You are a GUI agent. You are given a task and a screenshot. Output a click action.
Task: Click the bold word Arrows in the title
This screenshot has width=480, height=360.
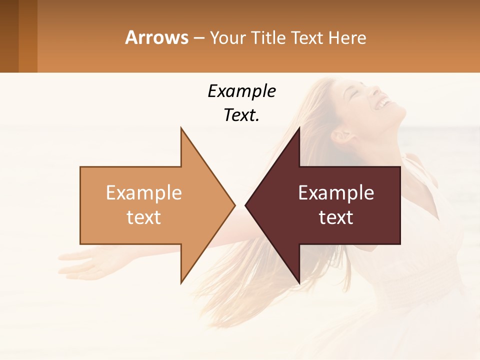click(x=157, y=37)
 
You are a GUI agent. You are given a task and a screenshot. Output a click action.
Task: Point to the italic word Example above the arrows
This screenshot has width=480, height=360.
click(x=242, y=91)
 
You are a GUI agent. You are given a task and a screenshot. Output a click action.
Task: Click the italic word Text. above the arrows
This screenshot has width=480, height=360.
click(x=242, y=115)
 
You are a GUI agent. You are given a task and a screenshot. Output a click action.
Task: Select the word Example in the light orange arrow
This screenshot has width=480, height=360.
click(x=144, y=193)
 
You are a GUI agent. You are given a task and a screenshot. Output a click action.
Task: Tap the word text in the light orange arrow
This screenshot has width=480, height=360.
click(x=144, y=217)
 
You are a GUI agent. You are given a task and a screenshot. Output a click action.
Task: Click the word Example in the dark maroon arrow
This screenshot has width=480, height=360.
click(x=336, y=193)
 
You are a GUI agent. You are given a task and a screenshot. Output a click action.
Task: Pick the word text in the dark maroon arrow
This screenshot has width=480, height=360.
click(x=336, y=217)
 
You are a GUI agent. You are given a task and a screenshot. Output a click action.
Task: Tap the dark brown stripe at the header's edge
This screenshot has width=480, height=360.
click(x=9, y=36)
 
